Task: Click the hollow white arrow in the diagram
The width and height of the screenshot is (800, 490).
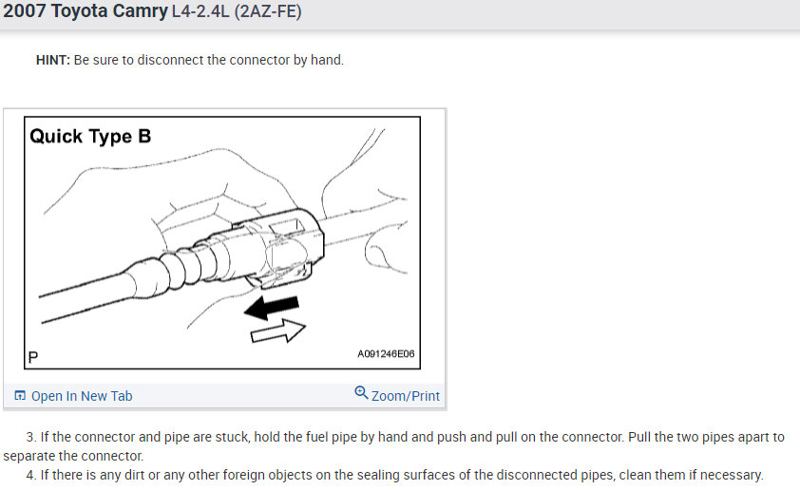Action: [x=278, y=330]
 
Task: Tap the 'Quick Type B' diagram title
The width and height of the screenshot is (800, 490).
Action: [x=90, y=136]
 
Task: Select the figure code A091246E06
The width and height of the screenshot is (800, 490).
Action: [x=386, y=354]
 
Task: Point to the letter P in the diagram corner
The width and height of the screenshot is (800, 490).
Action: [x=32, y=357]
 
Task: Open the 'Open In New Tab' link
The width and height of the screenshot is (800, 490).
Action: [x=82, y=396]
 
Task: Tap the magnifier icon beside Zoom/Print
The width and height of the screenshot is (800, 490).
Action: [x=361, y=393]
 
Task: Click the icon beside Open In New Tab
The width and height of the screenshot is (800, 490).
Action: [x=20, y=396]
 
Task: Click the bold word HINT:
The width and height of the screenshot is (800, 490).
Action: [x=52, y=60]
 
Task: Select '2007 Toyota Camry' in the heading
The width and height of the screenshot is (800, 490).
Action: [x=85, y=14]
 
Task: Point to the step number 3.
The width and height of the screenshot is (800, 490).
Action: [x=29, y=437]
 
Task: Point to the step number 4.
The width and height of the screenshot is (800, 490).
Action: [x=29, y=475]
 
